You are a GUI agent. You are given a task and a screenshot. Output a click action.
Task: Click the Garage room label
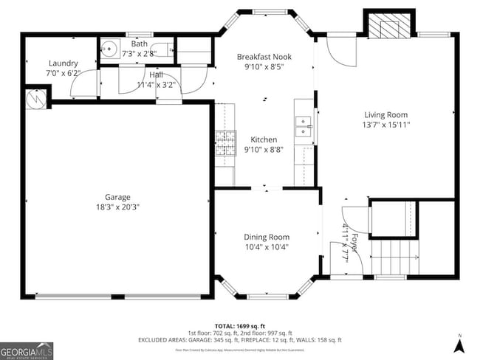pos(117,197)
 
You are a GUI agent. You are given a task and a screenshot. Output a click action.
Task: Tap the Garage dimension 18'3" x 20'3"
pos(117,207)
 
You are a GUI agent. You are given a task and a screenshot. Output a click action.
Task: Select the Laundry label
pos(63,63)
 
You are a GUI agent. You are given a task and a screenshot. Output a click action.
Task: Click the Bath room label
pos(139,44)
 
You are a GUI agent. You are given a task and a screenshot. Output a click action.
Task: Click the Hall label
pos(156,75)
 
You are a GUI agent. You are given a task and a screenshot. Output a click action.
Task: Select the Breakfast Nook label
pos(264,57)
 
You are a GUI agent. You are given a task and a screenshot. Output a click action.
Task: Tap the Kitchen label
pos(264,139)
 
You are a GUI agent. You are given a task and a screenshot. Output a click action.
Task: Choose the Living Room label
pos(385,114)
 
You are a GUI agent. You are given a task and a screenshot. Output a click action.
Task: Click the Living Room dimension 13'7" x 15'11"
pos(385,125)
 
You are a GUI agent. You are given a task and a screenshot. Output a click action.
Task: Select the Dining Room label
pos(267,237)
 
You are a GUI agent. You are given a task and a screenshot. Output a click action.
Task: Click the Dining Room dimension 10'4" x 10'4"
pos(267,247)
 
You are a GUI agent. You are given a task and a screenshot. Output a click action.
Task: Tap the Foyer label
pos(354,243)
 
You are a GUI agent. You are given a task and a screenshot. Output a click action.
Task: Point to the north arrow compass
pos(459,342)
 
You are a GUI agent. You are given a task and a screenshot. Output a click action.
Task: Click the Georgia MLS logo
pos(27,350)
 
